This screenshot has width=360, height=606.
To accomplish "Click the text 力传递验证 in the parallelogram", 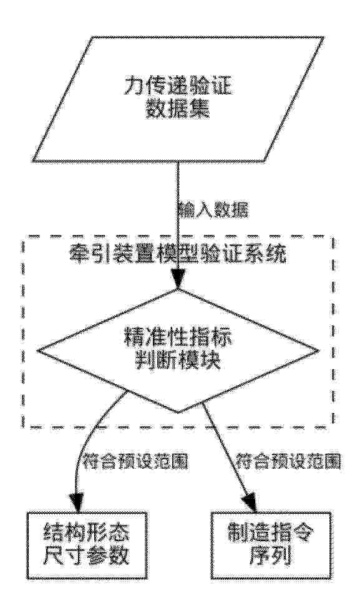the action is click(177, 88).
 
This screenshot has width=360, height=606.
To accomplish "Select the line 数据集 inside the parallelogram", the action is click(177, 110).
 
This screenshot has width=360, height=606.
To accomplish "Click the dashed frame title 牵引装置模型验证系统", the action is click(177, 254).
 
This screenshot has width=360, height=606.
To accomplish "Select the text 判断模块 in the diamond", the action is click(177, 361).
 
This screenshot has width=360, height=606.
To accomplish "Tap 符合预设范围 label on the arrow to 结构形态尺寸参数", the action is click(135, 461).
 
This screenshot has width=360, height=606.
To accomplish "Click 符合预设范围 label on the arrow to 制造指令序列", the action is click(288, 461).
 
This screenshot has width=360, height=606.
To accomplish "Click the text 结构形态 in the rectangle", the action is click(85, 534).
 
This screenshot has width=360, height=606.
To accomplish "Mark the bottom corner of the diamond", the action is click(178, 412).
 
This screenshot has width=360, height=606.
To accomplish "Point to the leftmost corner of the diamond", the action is click(37, 350).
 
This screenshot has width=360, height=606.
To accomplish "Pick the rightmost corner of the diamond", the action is click(319, 350).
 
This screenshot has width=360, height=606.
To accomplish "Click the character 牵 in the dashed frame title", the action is click(79, 254).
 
